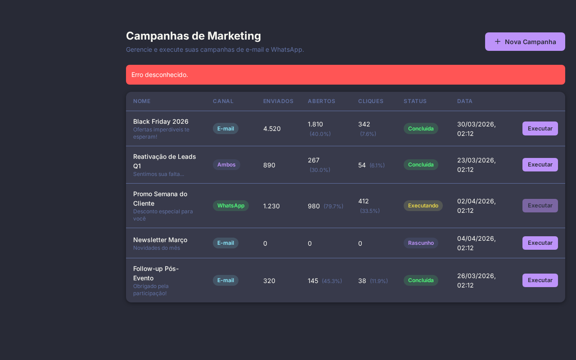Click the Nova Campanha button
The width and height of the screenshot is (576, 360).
tap(525, 41)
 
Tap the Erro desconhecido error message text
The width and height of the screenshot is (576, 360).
tap(160, 75)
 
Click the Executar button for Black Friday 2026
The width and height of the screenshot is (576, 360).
tap(540, 128)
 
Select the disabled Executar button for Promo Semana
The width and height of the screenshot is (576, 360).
tap(540, 206)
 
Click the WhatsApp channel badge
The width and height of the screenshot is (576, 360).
tap(230, 206)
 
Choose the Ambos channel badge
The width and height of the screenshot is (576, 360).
tap(226, 165)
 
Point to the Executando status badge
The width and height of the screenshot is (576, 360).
tap(423, 206)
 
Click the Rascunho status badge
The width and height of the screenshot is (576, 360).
tap(420, 243)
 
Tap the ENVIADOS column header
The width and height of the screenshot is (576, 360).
tap(278, 101)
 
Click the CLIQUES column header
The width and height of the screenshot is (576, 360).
tap(370, 101)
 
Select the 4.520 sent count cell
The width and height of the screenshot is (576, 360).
tap(272, 129)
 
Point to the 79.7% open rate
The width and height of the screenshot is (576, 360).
tap(333, 206)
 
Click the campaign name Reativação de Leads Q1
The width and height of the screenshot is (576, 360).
tap(164, 161)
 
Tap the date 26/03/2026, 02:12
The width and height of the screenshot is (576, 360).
tap(476, 280)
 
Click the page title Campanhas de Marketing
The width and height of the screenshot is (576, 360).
tap(193, 36)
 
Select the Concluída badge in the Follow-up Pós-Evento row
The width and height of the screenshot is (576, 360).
tap(420, 280)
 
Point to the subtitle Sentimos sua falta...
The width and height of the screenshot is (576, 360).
tap(158, 174)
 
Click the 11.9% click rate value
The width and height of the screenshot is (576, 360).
tap(378, 281)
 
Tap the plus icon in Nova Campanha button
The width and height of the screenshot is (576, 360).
tap(497, 41)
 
